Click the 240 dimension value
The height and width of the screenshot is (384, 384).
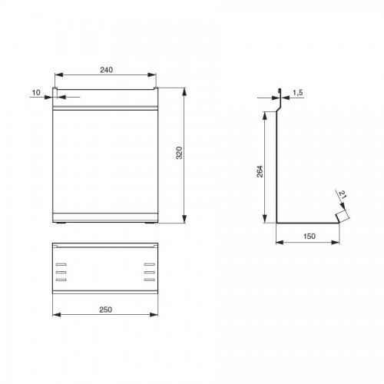coord(106,70)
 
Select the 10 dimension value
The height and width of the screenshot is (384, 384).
coord(36,93)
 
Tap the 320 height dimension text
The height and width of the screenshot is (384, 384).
coord(179,153)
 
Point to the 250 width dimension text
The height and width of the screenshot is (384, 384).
coord(105,310)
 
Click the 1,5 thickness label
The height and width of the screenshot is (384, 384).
coord(298,93)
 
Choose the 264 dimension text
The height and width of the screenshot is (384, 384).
coord(260,171)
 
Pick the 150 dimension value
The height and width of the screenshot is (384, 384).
coord(310,237)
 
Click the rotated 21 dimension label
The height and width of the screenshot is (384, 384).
coord(343,195)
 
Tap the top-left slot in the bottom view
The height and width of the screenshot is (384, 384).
coord(61,264)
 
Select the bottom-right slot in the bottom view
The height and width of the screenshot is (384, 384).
coord(150,280)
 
